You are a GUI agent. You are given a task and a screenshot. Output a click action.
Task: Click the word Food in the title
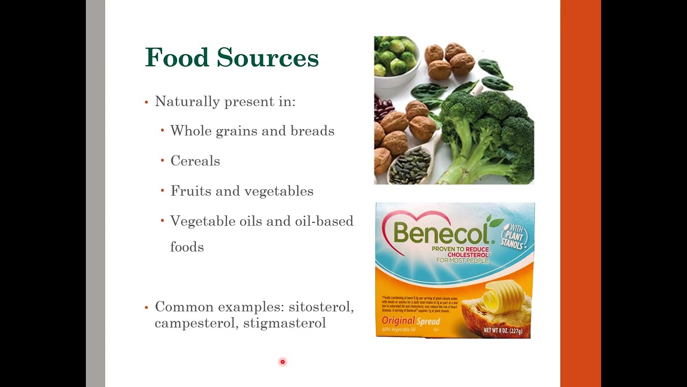(177, 58)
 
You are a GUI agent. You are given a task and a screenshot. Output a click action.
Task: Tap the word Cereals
(195, 161)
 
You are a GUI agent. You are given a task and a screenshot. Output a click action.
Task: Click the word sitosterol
(321, 307)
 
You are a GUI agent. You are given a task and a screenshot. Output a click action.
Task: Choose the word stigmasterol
(284, 323)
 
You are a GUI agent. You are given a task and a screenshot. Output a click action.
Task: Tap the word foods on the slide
(187, 247)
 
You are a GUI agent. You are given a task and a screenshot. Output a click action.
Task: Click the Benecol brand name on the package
(440, 233)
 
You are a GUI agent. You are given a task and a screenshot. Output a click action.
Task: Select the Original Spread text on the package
(411, 321)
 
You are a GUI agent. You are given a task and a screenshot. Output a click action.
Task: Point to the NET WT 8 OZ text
(502, 331)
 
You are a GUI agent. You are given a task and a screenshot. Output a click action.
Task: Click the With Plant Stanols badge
(514, 235)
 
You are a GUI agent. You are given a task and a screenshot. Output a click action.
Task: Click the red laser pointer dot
(282, 362)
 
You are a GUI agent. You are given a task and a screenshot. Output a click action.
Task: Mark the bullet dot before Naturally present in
(147, 102)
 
